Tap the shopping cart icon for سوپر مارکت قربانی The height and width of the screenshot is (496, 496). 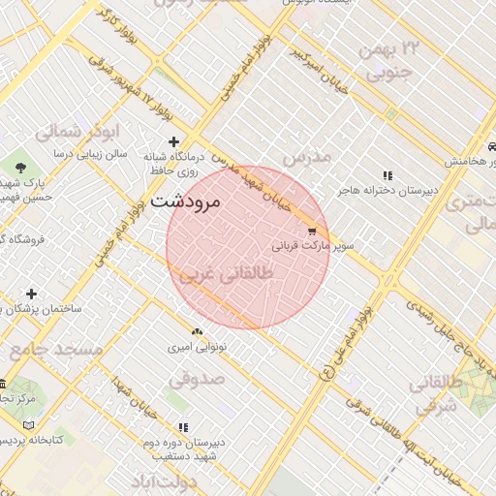pyautogui.click(x=312, y=232)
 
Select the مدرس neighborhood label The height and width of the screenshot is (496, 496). pyautogui.click(x=307, y=156)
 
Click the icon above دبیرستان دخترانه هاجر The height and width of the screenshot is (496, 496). pyautogui.click(x=387, y=175)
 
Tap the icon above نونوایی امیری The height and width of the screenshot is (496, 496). pyautogui.click(x=198, y=331)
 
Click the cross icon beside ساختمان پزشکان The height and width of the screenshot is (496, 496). pyautogui.click(x=32, y=294)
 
